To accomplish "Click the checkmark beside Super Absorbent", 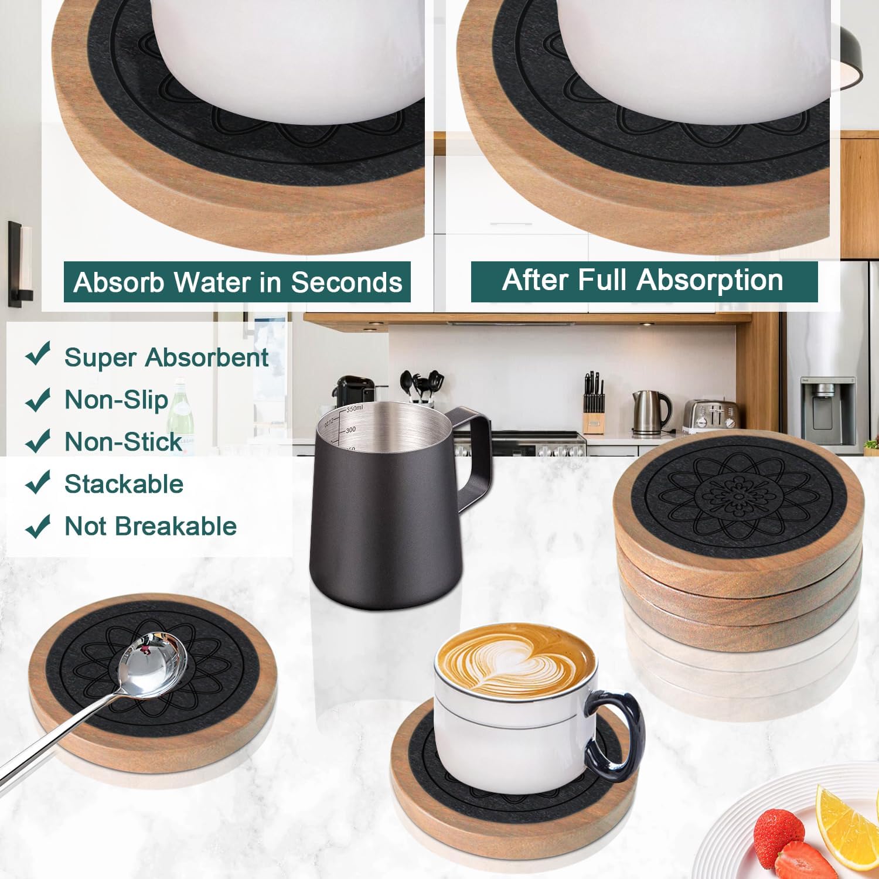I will click(x=38, y=354).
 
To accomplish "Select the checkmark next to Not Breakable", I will click(x=38, y=526).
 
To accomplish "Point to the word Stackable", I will click(x=124, y=484).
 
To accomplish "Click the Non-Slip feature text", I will click(x=116, y=400).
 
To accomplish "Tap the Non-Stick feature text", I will click(x=123, y=442).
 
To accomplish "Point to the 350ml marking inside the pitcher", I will click(x=355, y=408).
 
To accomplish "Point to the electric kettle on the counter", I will click(x=650, y=411).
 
